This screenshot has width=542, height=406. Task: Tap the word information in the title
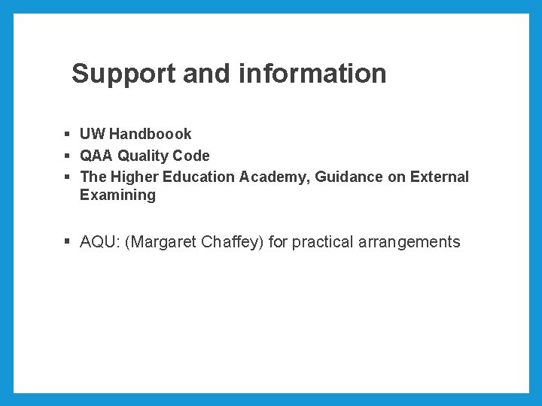point(312,74)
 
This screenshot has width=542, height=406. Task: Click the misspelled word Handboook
point(151,134)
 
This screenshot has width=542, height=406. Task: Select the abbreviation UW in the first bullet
point(93,134)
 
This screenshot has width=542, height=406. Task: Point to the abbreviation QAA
point(96,156)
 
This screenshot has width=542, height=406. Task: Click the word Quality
point(142,156)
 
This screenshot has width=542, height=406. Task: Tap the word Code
point(191,156)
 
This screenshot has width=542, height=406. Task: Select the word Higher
point(134,177)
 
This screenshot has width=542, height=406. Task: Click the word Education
point(198,177)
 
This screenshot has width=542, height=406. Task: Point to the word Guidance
point(348,177)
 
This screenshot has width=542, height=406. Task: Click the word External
point(440,177)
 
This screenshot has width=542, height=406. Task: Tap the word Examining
point(117,195)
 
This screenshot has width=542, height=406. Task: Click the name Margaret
point(162,242)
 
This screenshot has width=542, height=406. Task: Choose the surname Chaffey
point(233,242)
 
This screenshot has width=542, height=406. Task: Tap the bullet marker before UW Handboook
point(67,134)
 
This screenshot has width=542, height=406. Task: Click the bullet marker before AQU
point(67,242)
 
